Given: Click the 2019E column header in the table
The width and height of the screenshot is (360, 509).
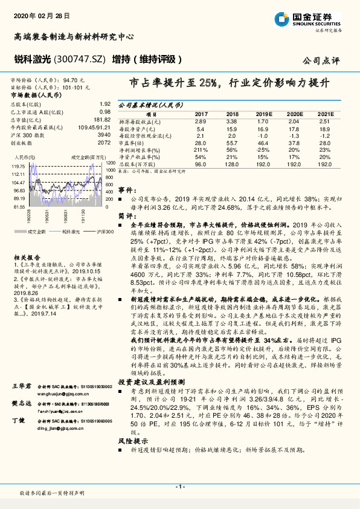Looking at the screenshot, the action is [x=263, y=114].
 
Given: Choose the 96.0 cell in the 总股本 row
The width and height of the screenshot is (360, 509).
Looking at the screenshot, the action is [x=201, y=164].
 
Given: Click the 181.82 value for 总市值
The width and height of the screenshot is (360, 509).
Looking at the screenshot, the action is [x=103, y=120].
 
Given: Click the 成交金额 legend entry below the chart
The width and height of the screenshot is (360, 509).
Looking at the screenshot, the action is [x=34, y=231].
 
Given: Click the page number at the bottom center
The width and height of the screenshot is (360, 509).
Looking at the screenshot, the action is [x=179, y=487].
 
